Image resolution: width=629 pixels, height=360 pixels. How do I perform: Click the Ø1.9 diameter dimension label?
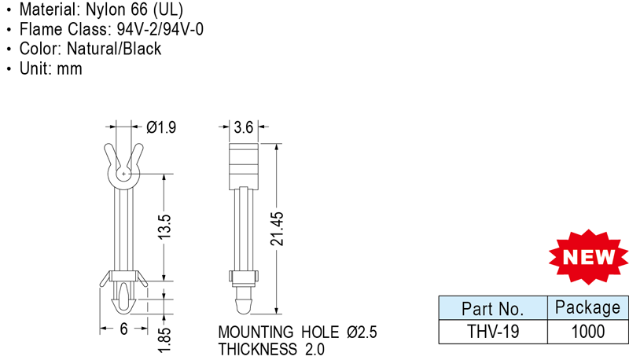click(161, 126)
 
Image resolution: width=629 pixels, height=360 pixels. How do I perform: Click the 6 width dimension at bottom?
click(123, 330)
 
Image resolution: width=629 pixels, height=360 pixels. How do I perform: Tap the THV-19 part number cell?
click(491, 331)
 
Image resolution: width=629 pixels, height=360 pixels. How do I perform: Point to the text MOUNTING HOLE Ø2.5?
click(297, 332)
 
